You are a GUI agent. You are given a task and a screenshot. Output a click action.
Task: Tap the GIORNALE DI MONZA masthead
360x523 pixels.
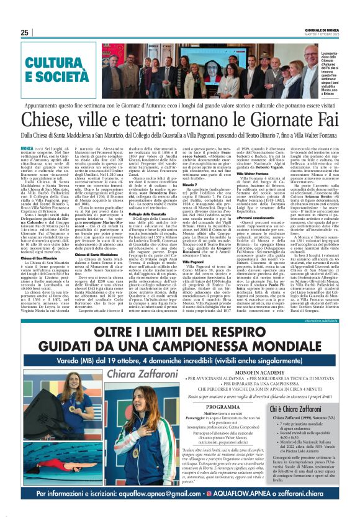click(321, 29)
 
